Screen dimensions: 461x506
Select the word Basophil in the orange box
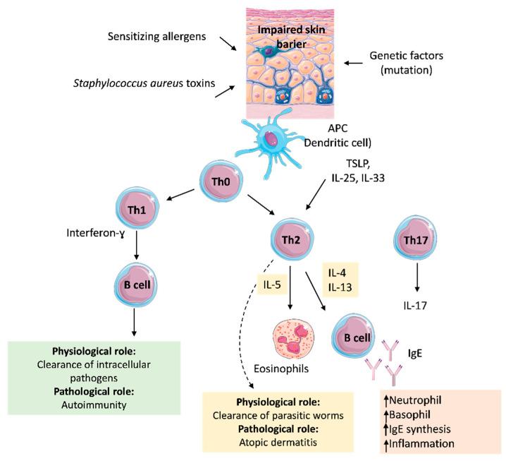(414, 414)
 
